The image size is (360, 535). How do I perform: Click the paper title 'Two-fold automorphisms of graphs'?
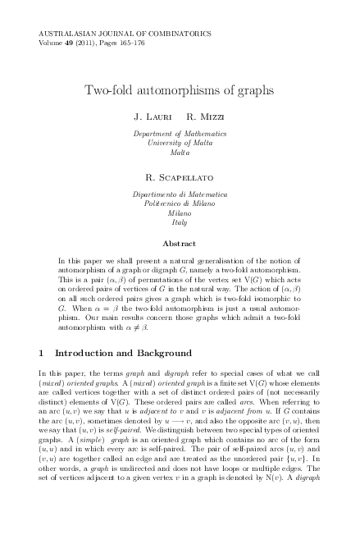(180, 88)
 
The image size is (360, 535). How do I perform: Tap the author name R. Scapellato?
(180, 176)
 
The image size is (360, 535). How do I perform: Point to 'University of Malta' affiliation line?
(180, 143)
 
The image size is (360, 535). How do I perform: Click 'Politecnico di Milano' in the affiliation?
(180, 203)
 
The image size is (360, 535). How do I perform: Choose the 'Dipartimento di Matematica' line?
(180, 194)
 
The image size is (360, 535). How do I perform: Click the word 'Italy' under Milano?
(180, 222)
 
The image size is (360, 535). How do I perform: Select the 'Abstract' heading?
(180, 244)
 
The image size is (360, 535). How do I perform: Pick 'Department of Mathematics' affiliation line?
(180, 133)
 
